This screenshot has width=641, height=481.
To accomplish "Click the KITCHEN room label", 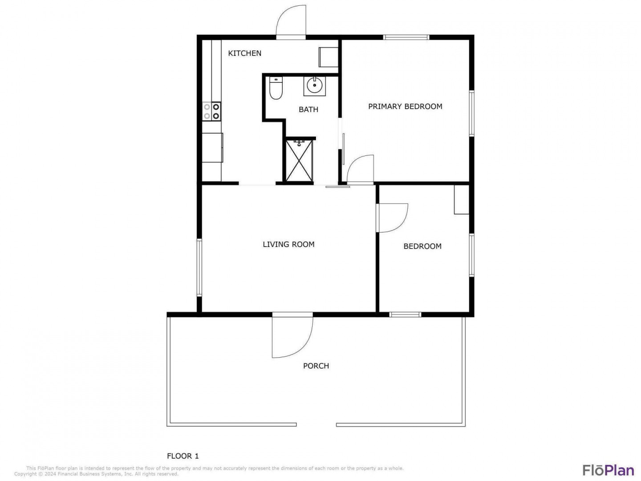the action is [x=244, y=53].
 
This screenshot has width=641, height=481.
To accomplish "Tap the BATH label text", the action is [x=308, y=110].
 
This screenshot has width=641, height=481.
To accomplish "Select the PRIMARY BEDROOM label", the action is [x=405, y=106].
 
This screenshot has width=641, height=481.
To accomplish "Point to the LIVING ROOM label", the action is [x=288, y=245].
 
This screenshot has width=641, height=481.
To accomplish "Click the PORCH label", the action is [x=316, y=366].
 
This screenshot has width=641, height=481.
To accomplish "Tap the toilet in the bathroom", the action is [x=276, y=88].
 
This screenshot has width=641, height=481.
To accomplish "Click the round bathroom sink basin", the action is [x=315, y=85].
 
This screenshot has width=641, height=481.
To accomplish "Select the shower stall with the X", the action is [x=299, y=161].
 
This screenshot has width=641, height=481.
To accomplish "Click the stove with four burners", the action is [x=211, y=111].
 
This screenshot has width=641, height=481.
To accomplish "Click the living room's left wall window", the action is [x=199, y=268].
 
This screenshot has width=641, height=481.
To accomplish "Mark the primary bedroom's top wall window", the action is [x=406, y=37].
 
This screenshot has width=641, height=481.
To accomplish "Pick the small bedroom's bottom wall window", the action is [x=405, y=314].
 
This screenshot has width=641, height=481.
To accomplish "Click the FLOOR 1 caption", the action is [x=183, y=456].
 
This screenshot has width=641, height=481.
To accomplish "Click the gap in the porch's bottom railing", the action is [x=316, y=425].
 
